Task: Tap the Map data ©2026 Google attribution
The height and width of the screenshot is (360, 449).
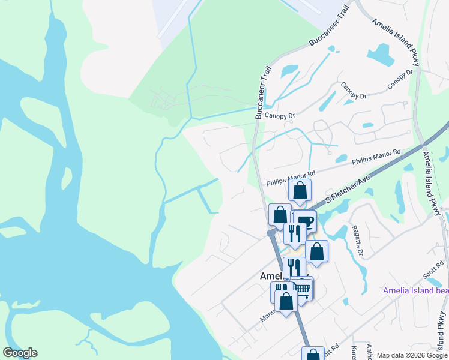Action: tap(412, 355)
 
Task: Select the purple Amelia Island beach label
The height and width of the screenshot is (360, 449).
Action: tap(415, 291)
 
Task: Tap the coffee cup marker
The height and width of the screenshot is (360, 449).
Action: tap(306, 221)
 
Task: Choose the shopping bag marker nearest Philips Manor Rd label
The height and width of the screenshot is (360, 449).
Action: tap(300, 191)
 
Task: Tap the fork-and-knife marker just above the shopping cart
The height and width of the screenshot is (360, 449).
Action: tap(294, 267)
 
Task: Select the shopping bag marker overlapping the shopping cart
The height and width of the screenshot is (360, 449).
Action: tap(286, 301)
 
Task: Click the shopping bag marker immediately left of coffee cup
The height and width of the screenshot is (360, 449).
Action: tap(280, 215)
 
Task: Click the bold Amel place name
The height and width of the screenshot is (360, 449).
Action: tap(270, 277)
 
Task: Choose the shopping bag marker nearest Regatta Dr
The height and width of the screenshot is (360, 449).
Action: tap(316, 251)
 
